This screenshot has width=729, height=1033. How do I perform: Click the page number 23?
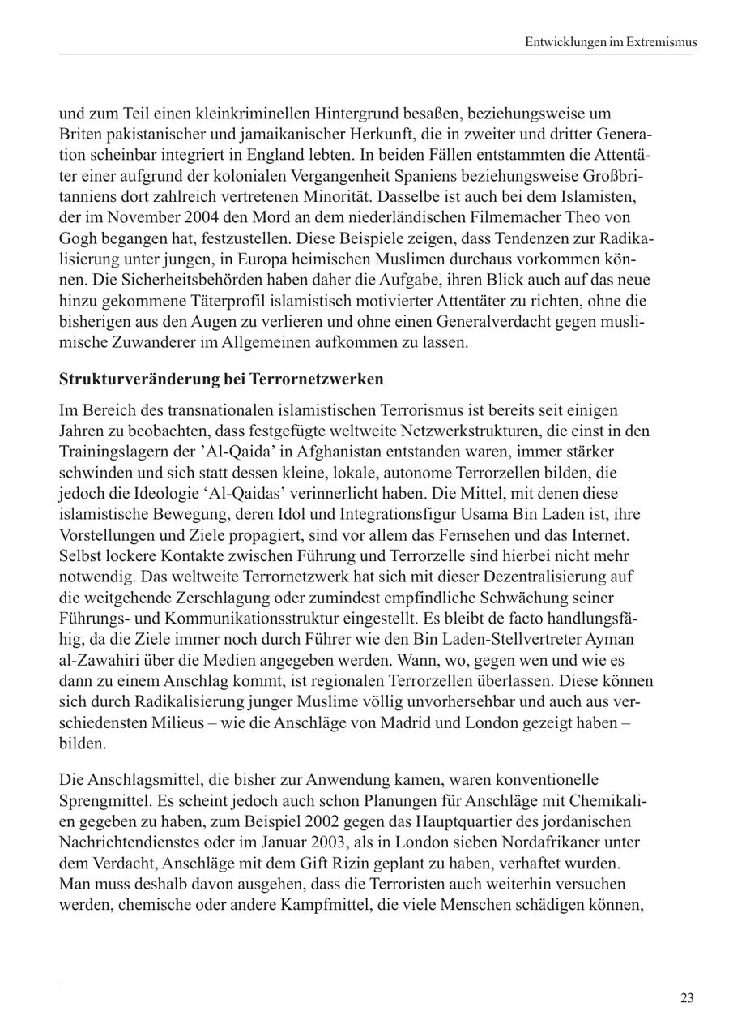[687, 998]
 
